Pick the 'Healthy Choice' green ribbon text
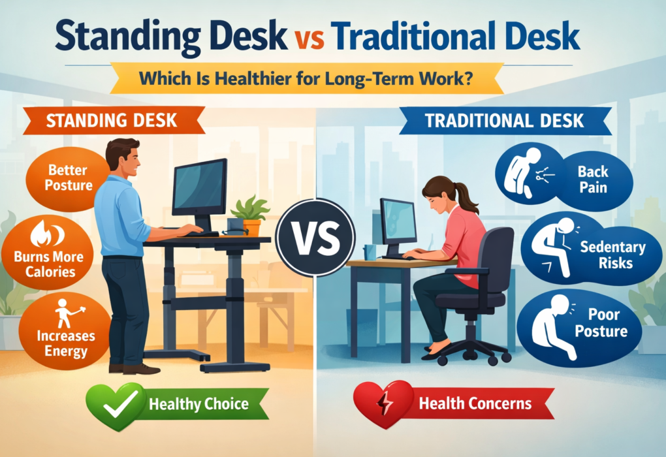coord(198,403)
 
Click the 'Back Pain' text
coord(592,180)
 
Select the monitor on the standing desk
coord(199,189)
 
